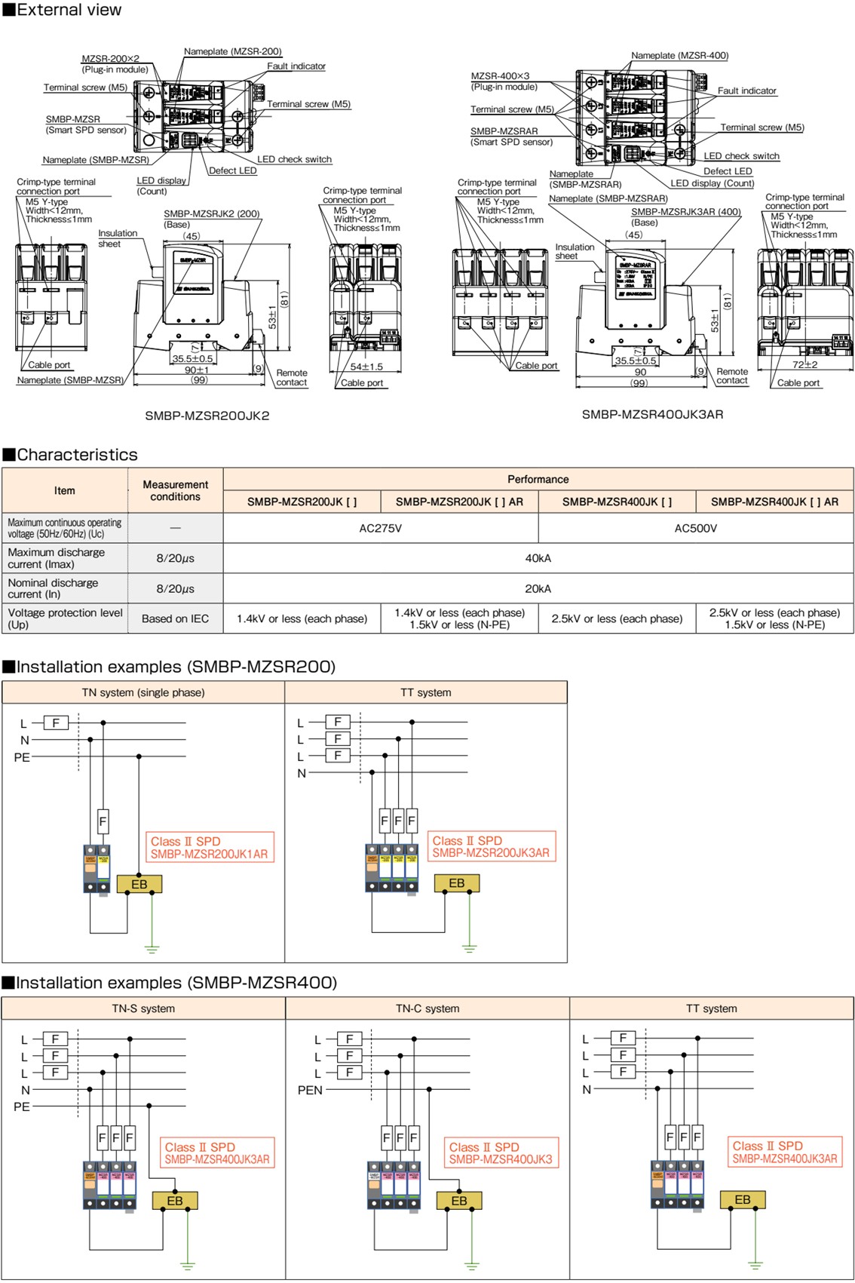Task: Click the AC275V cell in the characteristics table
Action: pyautogui.click(x=381, y=528)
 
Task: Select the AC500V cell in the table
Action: pyautogui.click(x=695, y=528)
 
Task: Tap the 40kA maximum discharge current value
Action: pyautogui.click(x=538, y=558)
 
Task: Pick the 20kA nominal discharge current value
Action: pyautogui.click(x=538, y=588)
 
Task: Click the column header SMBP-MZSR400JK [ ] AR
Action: pyautogui.click(x=774, y=502)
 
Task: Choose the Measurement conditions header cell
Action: pyautogui.click(x=175, y=490)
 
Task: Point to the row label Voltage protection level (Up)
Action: pyautogui.click(x=65, y=618)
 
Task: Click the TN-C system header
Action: pyautogui.click(x=427, y=1008)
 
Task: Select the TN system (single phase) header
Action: pyautogui.click(x=143, y=692)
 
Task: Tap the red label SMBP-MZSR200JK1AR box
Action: pyautogui.click(x=209, y=847)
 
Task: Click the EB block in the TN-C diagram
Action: pyautogui.click(x=458, y=1200)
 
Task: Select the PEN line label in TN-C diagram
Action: pyautogui.click(x=310, y=1090)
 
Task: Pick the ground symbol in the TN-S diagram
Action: pyautogui.click(x=187, y=1265)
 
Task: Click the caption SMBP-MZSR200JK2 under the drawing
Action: pyautogui.click(x=207, y=416)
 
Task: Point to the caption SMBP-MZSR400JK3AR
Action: pyautogui.click(x=652, y=414)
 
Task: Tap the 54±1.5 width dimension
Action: pyautogui.click(x=366, y=367)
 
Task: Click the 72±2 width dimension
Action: pyautogui.click(x=805, y=364)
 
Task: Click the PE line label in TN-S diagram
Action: pyautogui.click(x=22, y=1107)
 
